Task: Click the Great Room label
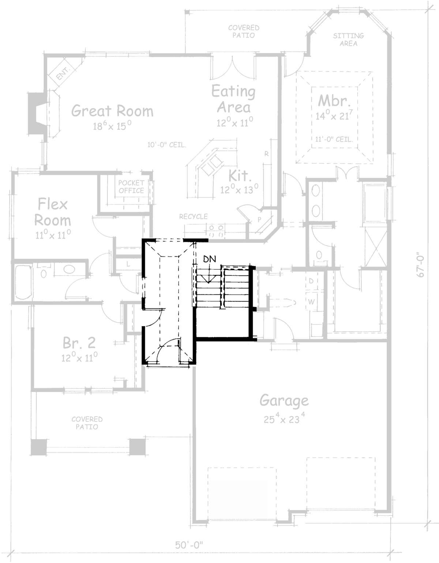coord(112,111)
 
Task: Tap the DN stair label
coord(209,258)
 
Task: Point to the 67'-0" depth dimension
coord(421,266)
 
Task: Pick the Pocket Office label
coord(131,187)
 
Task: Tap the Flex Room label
coord(53,212)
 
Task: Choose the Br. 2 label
coord(79,343)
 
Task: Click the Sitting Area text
coord(348,40)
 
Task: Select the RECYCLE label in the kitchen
coord(194,217)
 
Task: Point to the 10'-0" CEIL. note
coord(167,145)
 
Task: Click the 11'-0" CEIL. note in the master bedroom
coord(334,139)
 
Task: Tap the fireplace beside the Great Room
coord(38,114)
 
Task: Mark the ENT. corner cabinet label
coord(63,73)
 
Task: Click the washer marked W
coord(312,302)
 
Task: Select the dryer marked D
coord(311,281)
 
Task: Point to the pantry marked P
coord(259,219)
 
